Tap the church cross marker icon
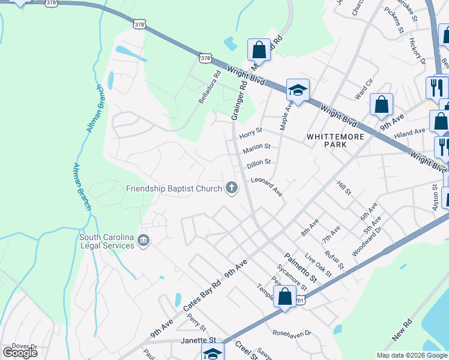click(231, 188)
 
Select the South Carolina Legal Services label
click(106, 241)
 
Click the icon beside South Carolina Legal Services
click(143, 241)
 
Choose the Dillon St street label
click(260, 162)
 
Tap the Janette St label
click(197, 340)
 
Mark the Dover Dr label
click(25, 346)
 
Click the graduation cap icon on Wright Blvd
click(297, 90)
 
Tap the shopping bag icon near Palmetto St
click(285, 295)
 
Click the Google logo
click(20, 353)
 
